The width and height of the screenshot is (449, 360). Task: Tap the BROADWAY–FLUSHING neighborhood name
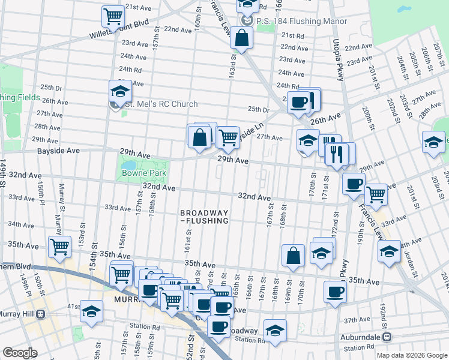pos(205,217)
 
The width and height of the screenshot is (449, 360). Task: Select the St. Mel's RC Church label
pos(160,104)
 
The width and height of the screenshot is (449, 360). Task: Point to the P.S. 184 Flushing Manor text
pos(301,21)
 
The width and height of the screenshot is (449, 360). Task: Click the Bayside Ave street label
pos(58,151)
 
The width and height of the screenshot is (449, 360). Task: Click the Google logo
pos(20,353)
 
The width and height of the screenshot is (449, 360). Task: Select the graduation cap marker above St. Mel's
pos(120,91)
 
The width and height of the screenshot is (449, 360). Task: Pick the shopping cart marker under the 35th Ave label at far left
pos(59,247)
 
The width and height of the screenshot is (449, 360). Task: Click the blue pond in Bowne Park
pos(129,164)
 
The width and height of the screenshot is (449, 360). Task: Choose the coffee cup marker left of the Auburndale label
pos(335,292)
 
